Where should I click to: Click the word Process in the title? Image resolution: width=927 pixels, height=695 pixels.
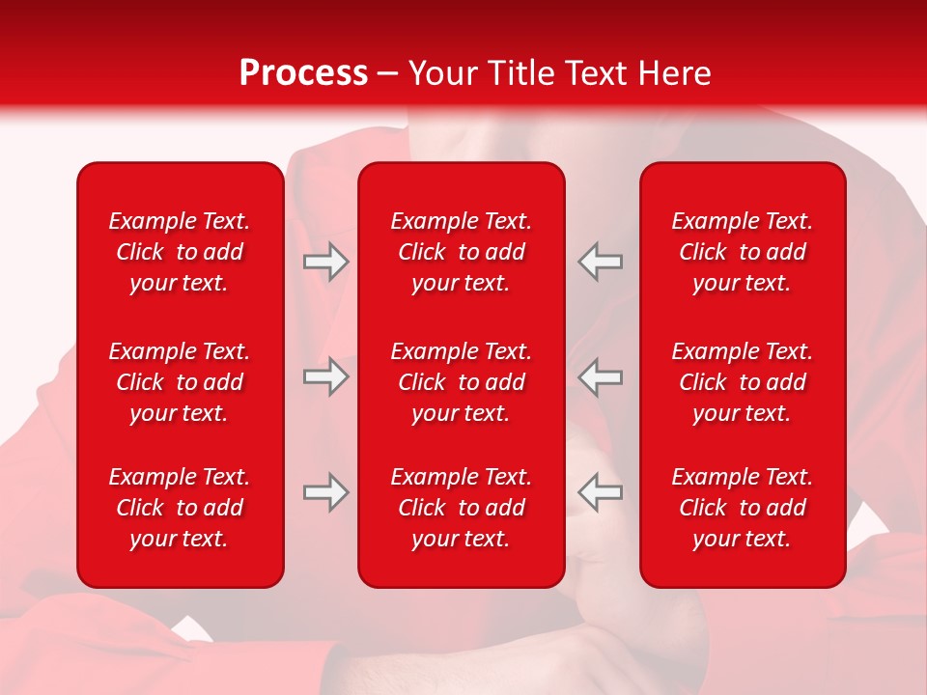(x=303, y=73)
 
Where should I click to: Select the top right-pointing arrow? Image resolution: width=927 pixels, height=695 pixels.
(x=325, y=262)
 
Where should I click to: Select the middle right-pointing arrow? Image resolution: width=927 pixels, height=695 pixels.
(x=325, y=376)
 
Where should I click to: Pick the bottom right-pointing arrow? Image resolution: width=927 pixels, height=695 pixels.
(x=325, y=492)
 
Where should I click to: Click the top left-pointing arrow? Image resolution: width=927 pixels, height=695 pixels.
(x=601, y=262)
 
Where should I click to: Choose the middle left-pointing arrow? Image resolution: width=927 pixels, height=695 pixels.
(x=601, y=376)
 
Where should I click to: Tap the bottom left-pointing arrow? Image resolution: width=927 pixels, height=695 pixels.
(x=601, y=492)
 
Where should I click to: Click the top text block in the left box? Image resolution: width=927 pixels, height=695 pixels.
(x=180, y=252)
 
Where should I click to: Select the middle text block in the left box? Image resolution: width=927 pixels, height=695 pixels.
(x=180, y=382)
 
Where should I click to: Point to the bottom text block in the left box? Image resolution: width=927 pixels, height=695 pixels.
(x=180, y=508)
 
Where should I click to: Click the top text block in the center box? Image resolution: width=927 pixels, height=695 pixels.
(x=462, y=252)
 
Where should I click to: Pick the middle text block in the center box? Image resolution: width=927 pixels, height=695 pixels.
(x=462, y=382)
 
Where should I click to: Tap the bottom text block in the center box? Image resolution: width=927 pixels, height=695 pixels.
(x=462, y=508)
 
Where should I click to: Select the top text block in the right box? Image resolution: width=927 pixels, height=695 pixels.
(x=743, y=252)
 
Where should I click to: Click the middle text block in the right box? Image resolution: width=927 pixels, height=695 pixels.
(x=743, y=382)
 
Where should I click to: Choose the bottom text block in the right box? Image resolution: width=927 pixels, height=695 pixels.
(x=743, y=508)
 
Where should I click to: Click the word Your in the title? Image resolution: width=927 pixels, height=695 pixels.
(x=442, y=73)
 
